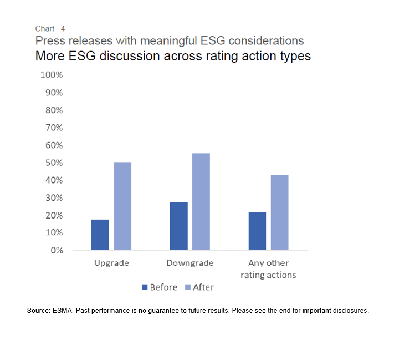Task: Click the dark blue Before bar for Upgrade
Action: point(100,235)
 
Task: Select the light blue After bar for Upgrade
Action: point(122,206)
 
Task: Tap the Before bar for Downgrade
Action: point(178,226)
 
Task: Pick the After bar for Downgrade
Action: point(201,201)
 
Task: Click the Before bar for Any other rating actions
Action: point(257,231)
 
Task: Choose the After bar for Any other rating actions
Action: point(279,212)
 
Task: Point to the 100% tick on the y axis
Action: point(52,75)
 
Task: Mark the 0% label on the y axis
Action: point(56,250)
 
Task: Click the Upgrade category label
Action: point(111,263)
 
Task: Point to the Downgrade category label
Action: point(190,263)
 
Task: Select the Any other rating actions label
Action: point(268,269)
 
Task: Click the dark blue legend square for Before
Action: point(145,287)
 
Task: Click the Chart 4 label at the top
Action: point(50,28)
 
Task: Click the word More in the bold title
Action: point(49,56)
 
